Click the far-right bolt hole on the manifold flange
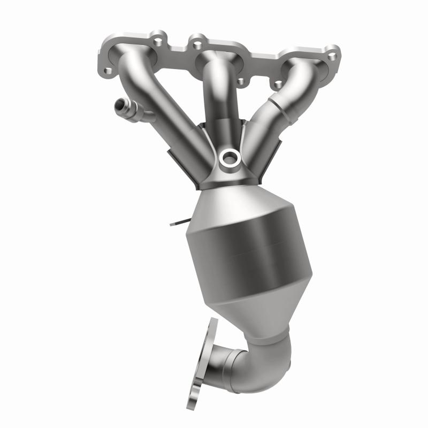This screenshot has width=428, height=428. coord(332,56)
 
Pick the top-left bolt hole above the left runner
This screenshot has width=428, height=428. coord(157,40)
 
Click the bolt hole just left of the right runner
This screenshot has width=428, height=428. coord(276,85)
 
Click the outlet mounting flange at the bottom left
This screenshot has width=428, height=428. coord(202,364)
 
